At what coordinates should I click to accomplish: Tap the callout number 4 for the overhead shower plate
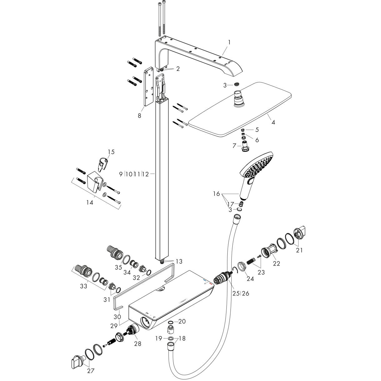click(x=273, y=122)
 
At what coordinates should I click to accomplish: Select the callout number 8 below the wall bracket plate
click(x=139, y=116)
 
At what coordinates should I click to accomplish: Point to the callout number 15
click(x=111, y=152)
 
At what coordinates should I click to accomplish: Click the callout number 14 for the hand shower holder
click(x=90, y=203)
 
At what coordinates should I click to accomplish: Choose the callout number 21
click(x=299, y=250)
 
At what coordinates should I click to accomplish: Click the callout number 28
click(x=137, y=344)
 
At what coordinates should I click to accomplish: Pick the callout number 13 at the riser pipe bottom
click(x=179, y=261)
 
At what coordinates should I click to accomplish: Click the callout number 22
click(x=276, y=264)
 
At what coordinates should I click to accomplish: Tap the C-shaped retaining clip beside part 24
click(x=234, y=270)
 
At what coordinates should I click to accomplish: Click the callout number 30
click(x=117, y=317)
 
